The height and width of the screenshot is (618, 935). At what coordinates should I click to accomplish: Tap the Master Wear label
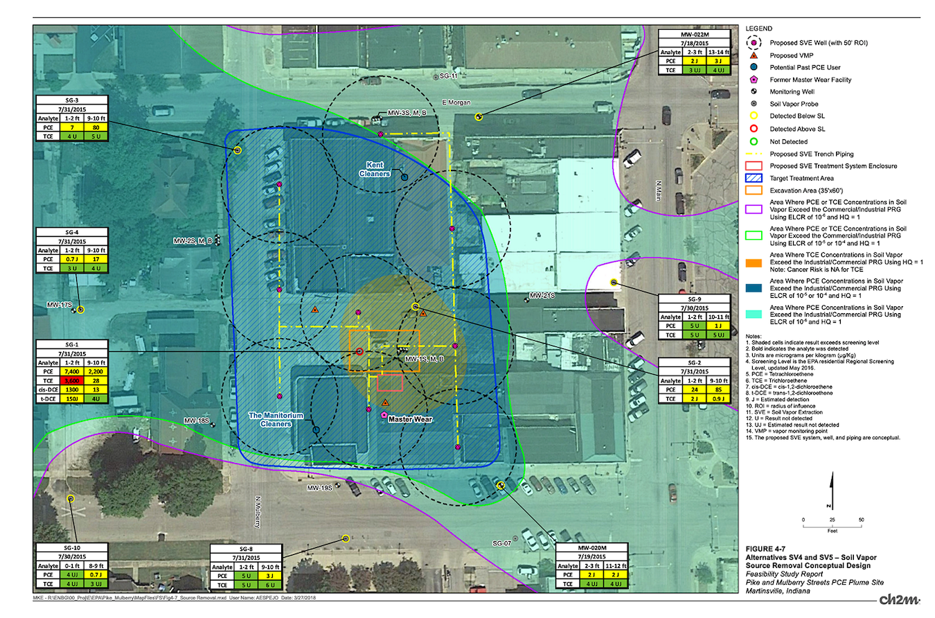click(410, 418)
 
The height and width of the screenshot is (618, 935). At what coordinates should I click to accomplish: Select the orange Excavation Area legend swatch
click(751, 190)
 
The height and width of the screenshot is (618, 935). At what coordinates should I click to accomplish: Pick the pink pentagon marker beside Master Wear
click(384, 414)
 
